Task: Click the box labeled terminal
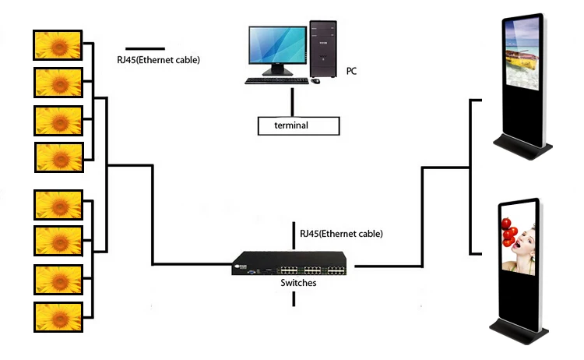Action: coord(299,125)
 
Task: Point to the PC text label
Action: coord(352,71)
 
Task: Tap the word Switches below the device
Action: coord(298,284)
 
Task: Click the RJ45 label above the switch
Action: coord(341,233)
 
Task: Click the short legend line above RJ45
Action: coord(145,48)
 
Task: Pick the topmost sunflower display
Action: coord(58,44)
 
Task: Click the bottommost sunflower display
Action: coord(58,317)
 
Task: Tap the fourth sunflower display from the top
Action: coord(58,157)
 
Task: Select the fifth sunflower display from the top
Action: coord(58,205)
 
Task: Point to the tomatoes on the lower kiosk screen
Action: coord(510,231)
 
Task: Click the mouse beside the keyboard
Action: coord(315,80)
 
